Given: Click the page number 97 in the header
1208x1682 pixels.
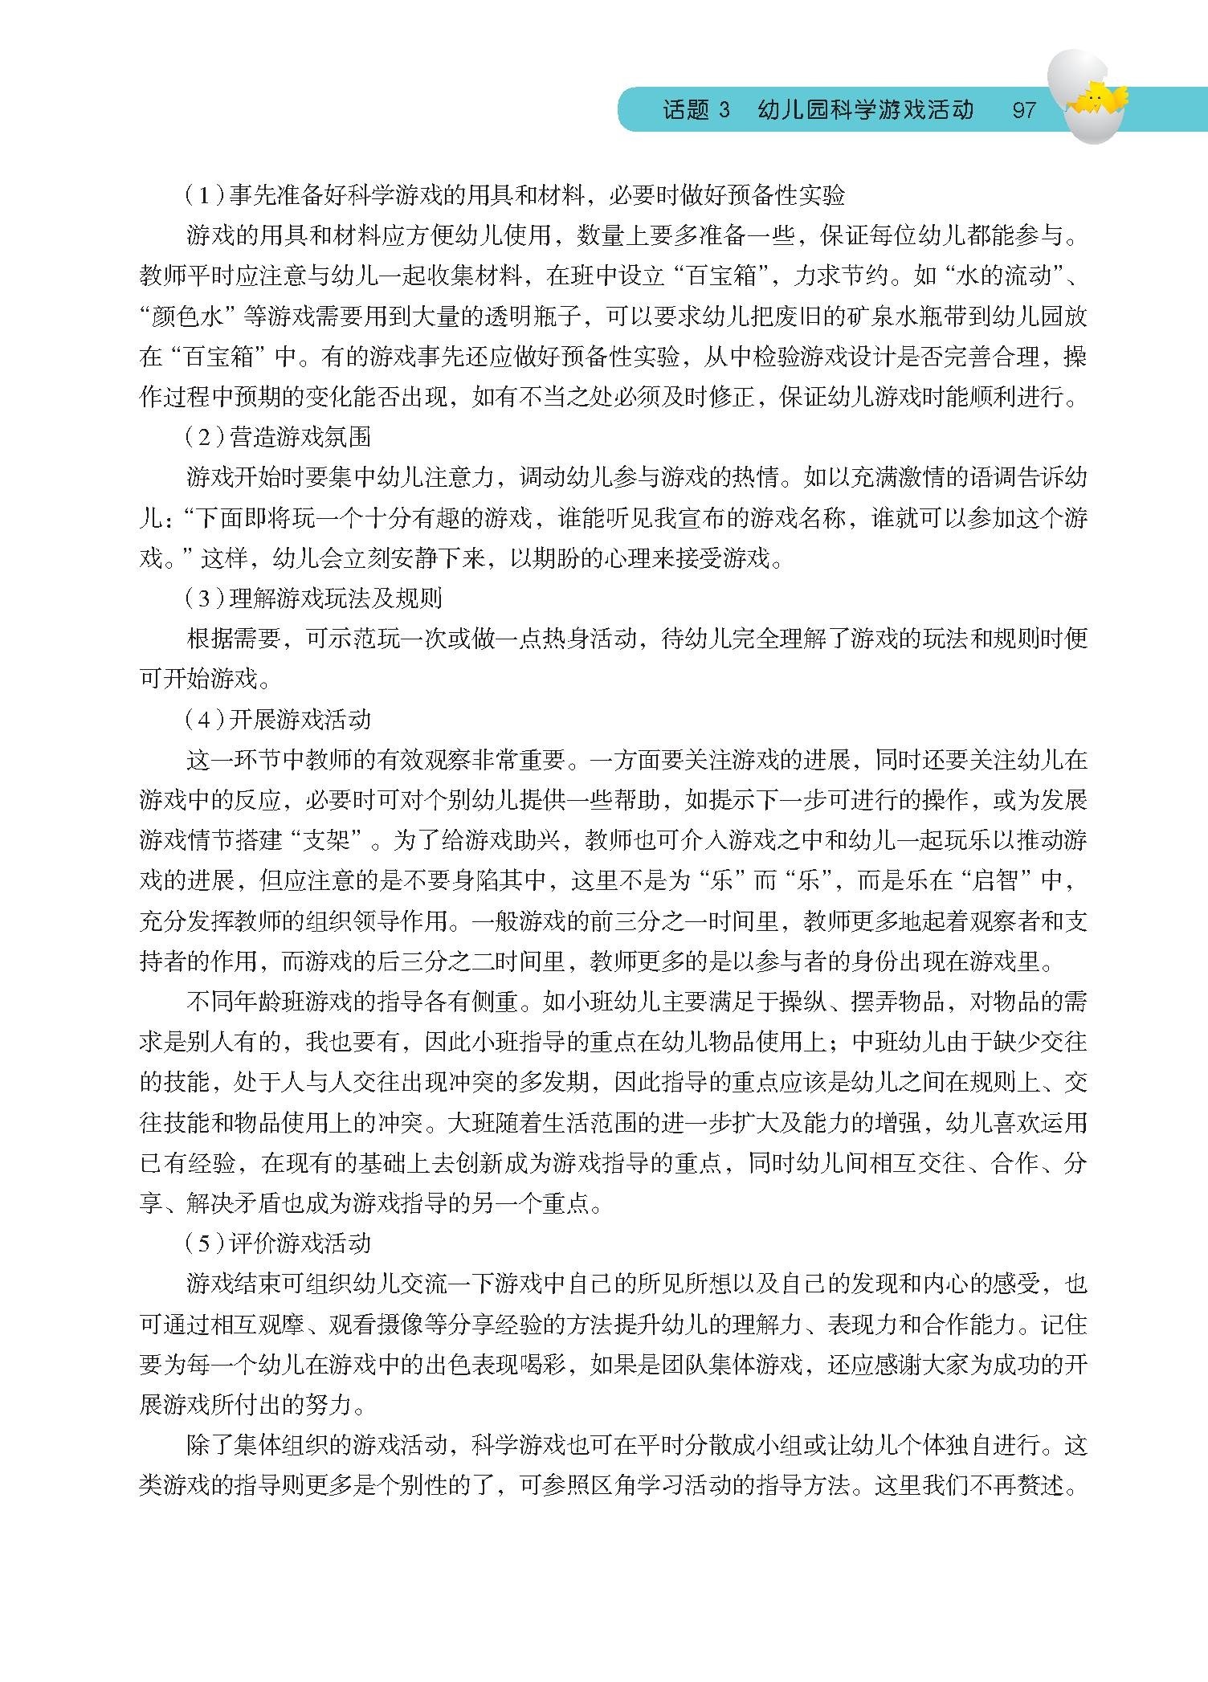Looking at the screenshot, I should point(1024,109).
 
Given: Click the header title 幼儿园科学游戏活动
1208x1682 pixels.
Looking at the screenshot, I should point(866,109).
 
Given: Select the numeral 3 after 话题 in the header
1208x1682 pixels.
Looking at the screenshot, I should point(724,109).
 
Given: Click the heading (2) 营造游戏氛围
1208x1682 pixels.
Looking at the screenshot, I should point(278,437).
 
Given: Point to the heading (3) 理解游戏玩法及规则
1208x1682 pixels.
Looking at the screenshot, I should point(313,598).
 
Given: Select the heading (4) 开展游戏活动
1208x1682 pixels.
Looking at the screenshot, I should point(278,719).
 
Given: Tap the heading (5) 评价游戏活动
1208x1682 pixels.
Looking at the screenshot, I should point(278,1243).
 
